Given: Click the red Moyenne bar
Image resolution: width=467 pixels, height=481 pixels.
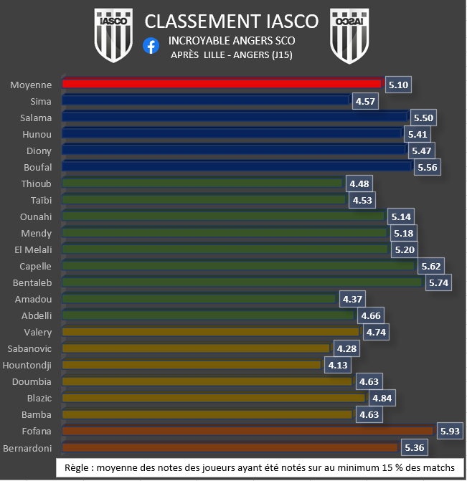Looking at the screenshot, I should [x=222, y=84].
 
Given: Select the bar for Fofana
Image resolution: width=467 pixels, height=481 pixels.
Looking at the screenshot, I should [x=247, y=431].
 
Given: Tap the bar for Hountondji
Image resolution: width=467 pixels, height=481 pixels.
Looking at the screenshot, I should [x=192, y=365].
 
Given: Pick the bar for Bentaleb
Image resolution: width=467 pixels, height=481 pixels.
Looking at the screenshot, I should [x=242, y=282].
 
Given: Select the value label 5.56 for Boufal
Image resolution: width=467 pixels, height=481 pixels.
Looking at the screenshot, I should [x=427, y=167].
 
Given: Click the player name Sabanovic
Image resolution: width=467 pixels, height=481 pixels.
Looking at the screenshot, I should [x=29, y=348].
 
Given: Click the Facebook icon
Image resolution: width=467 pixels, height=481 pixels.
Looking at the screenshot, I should [x=151, y=45].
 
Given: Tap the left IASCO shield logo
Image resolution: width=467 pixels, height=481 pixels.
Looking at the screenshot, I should [x=115, y=35].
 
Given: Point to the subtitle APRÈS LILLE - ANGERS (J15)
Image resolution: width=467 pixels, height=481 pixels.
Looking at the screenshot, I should [x=232, y=55].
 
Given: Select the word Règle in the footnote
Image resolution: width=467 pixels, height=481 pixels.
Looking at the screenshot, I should [x=78, y=467].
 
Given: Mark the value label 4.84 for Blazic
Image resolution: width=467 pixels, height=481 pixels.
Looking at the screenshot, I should [x=383, y=398].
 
